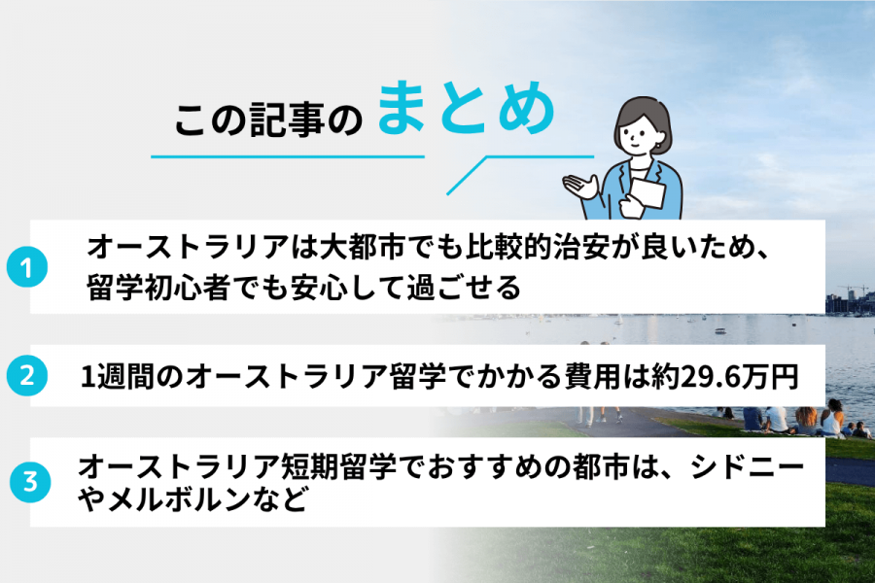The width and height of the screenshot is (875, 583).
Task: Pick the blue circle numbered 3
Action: click(30, 481)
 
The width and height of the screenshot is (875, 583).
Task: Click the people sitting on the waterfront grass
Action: click(797, 421)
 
